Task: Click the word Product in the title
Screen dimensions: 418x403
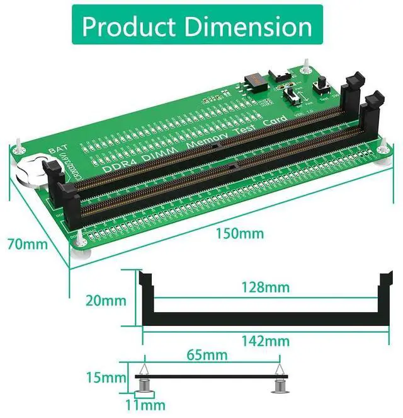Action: [x=129, y=26]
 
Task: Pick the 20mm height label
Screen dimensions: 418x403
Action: [x=105, y=300]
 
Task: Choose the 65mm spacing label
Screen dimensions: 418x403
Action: [x=206, y=356]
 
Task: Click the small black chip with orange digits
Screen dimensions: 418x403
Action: [x=251, y=79]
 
